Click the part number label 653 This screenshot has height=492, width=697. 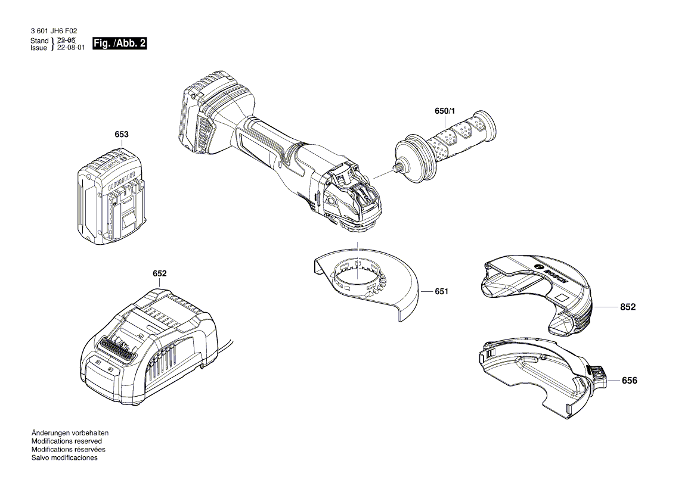[x=121, y=135]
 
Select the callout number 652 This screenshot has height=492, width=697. [x=159, y=273]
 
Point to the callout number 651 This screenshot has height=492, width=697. [x=441, y=291]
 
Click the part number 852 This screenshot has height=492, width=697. [x=628, y=307]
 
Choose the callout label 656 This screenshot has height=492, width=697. [x=629, y=381]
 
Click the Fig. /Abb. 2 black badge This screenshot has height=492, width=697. [x=116, y=43]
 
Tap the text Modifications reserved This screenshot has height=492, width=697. [x=66, y=441]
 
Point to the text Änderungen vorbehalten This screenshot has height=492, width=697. [x=70, y=433]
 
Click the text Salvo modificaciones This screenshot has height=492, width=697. [x=64, y=458]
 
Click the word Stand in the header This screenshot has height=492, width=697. [x=39, y=41]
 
